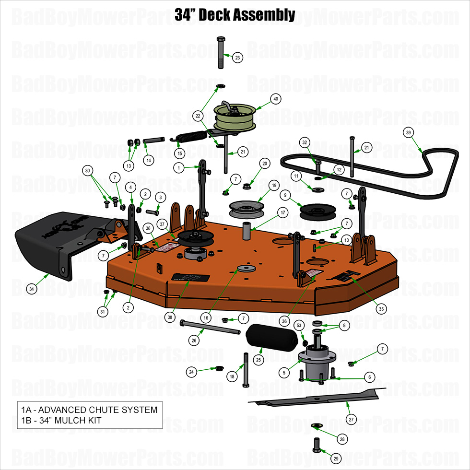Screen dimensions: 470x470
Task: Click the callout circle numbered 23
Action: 237,58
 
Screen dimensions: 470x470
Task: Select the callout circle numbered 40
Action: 275,99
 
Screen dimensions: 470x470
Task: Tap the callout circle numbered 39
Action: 408,132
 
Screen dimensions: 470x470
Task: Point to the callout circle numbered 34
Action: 32,289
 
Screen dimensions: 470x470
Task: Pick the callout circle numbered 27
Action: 351,420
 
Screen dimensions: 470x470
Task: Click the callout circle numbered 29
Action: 336,459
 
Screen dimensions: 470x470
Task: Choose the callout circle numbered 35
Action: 381,309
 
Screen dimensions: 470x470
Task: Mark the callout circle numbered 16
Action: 206,317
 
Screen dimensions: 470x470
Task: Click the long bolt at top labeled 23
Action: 221,53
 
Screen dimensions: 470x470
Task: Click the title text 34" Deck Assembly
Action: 235,15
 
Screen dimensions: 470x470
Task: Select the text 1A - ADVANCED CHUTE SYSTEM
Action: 89,410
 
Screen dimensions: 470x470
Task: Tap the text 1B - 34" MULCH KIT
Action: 61,421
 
